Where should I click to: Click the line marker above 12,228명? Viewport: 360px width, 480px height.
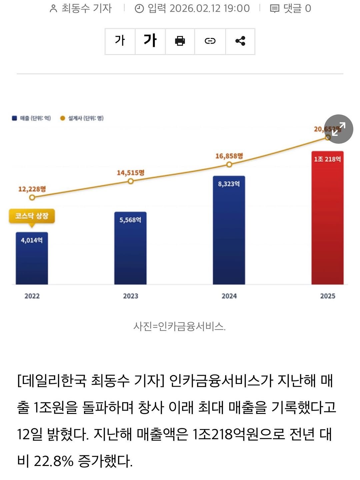(32, 197)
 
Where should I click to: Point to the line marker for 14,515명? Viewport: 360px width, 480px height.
(131, 181)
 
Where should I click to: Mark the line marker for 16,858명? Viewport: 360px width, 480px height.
(229, 164)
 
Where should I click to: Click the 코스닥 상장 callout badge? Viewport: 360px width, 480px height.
(32, 216)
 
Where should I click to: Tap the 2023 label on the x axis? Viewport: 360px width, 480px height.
(130, 296)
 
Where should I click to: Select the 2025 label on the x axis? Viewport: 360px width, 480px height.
(327, 296)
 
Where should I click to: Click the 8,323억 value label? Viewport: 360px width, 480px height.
(229, 184)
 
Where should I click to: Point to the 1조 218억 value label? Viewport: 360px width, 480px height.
(327, 159)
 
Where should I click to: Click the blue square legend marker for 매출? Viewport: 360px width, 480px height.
(14, 118)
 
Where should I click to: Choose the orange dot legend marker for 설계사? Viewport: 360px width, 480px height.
(62, 118)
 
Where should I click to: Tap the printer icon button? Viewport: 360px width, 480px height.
(180, 41)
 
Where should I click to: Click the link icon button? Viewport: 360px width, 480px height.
(210, 41)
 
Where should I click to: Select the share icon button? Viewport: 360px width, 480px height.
(240, 41)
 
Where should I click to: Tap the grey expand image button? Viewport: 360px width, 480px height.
(339, 129)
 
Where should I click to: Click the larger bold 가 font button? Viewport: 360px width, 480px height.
(150, 41)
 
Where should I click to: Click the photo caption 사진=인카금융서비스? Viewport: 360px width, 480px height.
(180, 326)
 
